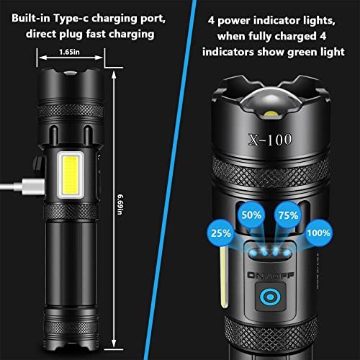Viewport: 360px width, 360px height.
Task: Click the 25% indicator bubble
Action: click(x=220, y=233)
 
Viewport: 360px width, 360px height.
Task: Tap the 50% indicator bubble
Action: click(x=251, y=215)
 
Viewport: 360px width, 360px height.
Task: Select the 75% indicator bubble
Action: click(x=288, y=215)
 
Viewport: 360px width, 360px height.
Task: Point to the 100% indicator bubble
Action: click(x=319, y=233)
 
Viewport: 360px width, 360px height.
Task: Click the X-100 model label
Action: click(x=270, y=140)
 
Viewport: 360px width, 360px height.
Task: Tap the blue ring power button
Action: click(x=270, y=297)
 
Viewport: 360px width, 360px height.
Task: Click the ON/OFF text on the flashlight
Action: click(x=271, y=275)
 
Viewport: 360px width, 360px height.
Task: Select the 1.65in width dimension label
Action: click(x=69, y=52)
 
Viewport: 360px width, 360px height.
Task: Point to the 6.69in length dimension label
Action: click(x=120, y=204)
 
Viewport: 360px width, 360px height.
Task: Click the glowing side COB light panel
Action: click(x=71, y=175)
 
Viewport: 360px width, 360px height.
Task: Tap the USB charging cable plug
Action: click(x=33, y=186)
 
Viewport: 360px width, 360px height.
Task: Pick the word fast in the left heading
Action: click(x=96, y=34)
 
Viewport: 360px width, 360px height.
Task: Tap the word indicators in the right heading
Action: click(x=228, y=52)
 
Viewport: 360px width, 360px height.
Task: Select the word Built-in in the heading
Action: click(x=31, y=18)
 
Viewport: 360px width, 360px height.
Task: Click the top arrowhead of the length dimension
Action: click(x=114, y=75)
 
